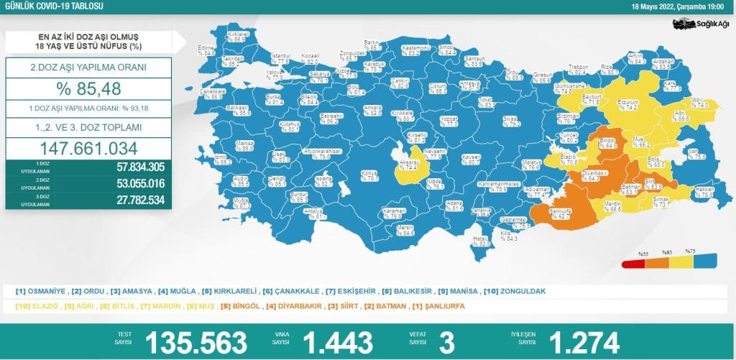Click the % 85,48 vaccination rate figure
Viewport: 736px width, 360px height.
pos(88,90)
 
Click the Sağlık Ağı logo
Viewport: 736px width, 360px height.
pos(701,24)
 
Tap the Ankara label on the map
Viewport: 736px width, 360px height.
pos(372,110)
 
